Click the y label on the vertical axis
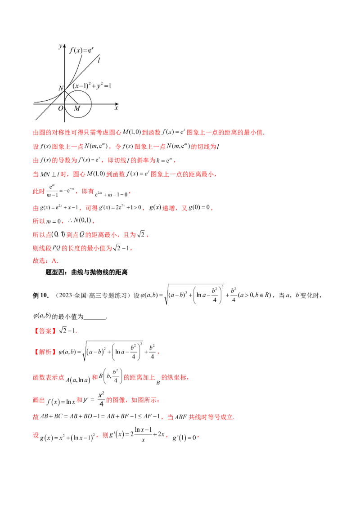(x=60, y=46)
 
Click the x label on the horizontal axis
(x=116, y=108)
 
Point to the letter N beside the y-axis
(x=61, y=89)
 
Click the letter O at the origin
(x=60, y=108)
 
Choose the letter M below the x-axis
(x=77, y=109)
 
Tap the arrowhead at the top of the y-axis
(x=65, y=45)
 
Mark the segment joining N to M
(x=71, y=97)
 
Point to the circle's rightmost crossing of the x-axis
(x=91, y=104)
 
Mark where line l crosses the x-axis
(x=50, y=104)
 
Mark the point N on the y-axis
(x=65, y=90)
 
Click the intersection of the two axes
(x=65, y=104)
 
